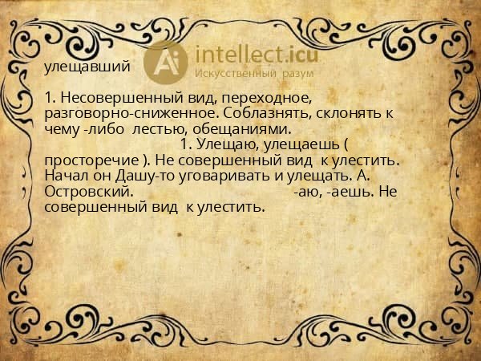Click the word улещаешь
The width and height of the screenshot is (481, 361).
[x=293, y=144]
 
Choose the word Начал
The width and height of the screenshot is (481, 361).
[x=67, y=176]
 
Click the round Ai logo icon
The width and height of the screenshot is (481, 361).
[x=165, y=61]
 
